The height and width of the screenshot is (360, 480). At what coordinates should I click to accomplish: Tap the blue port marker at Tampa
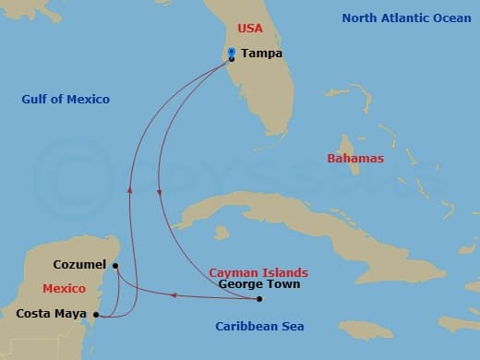[231, 54]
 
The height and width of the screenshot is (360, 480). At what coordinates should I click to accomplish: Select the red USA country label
[250, 29]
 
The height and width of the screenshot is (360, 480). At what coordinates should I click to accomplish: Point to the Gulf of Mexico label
[66, 99]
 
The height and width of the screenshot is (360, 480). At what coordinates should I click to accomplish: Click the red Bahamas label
[355, 159]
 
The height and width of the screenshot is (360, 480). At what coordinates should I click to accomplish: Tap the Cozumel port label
[79, 264]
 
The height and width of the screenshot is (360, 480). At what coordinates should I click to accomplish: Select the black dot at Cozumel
[114, 266]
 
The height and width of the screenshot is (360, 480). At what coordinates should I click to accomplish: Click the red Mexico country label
[64, 288]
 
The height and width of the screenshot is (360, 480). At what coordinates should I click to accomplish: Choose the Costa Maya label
[52, 314]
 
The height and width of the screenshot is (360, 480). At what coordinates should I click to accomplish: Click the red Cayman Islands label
[258, 272]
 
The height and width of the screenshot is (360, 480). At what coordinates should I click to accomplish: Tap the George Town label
[258, 284]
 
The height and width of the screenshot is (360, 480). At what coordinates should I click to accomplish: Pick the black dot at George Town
[259, 298]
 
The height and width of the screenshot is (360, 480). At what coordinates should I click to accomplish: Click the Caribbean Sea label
[259, 326]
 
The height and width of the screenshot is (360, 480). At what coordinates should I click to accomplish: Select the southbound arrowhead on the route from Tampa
[160, 192]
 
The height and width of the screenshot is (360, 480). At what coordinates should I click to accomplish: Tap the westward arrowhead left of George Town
[173, 295]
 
